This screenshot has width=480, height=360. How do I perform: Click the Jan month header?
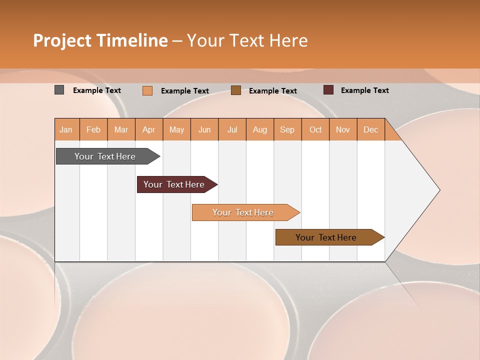pyautogui.click(x=66, y=129)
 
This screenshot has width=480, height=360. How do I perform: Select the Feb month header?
pyautogui.click(x=93, y=129)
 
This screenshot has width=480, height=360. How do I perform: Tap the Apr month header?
pyautogui.click(x=148, y=129)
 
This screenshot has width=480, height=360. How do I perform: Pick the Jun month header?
pyautogui.click(x=204, y=129)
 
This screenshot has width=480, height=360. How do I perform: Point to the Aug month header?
pyautogui.click(x=259, y=129)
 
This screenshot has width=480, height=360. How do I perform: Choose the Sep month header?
pyautogui.click(x=287, y=129)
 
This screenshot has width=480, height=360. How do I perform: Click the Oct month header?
pyautogui.click(x=315, y=129)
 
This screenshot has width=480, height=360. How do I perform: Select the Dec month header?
pyautogui.click(x=370, y=129)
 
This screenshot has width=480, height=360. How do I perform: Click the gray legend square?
pyautogui.click(x=59, y=90)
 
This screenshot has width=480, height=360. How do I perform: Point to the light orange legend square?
pyautogui.click(x=147, y=90)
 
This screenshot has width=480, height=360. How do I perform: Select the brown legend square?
pyautogui.click(x=236, y=90)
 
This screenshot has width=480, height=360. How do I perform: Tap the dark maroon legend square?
pyautogui.click(x=328, y=90)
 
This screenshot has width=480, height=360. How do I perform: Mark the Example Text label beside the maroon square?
pyautogui.click(x=364, y=90)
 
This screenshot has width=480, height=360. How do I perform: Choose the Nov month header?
pyautogui.click(x=343, y=129)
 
